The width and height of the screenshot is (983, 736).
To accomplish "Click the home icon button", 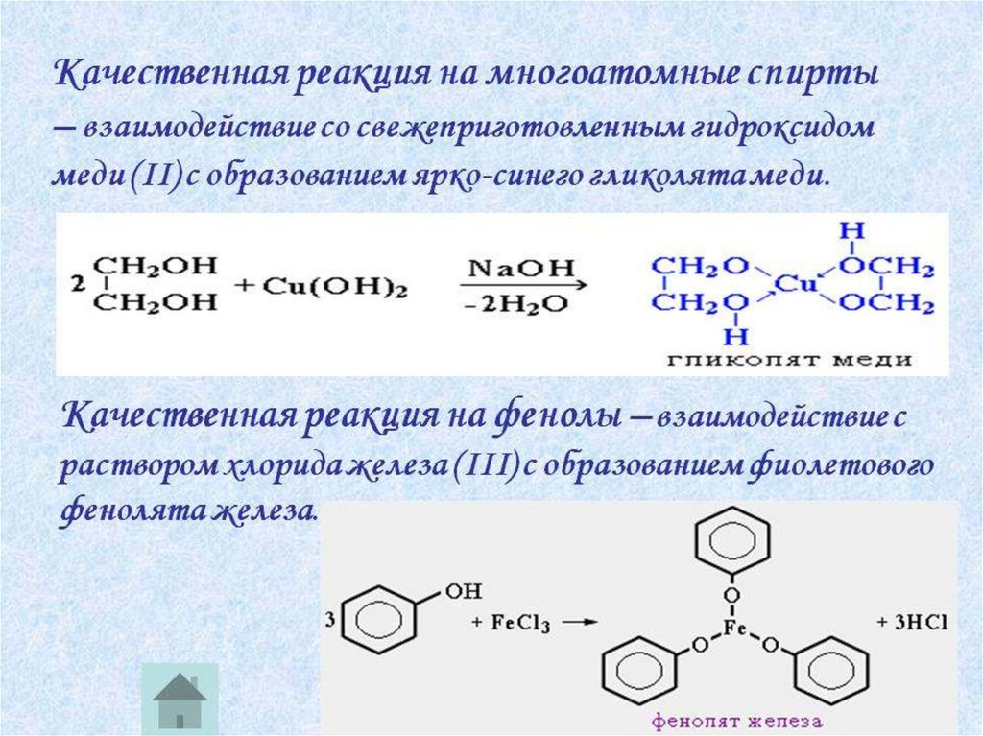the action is point(180,697).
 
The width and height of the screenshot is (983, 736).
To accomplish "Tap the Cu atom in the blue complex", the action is point(794,285).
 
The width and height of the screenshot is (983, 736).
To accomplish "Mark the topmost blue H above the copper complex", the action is point(846,230).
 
